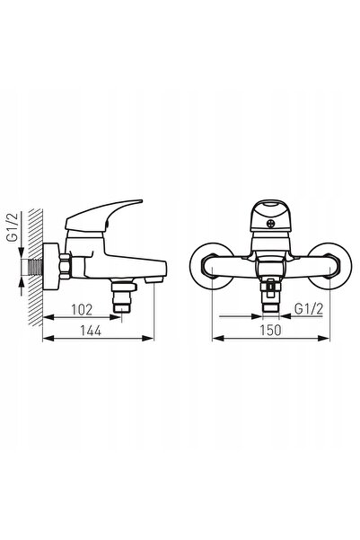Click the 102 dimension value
[82, 310]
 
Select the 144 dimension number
[91, 331]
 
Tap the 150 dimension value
[270, 331]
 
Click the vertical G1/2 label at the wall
[13, 227]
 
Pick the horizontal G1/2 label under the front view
[309, 309]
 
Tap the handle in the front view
[270, 216]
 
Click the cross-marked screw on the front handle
[271, 224]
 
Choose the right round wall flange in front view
[330, 266]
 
